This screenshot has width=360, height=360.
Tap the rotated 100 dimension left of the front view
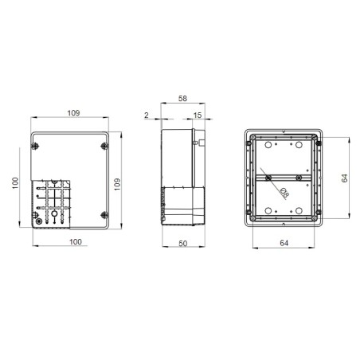pos(15,182)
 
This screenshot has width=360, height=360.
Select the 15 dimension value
pos(196,116)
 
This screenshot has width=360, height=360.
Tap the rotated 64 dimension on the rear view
pos(343,180)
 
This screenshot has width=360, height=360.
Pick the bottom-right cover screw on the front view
pos(105,213)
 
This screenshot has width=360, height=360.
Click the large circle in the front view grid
pos(53,215)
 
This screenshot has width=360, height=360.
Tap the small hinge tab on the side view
pos(201,145)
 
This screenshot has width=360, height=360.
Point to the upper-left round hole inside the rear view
pos(267,147)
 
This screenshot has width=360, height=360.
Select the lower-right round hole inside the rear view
pos(300,212)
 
